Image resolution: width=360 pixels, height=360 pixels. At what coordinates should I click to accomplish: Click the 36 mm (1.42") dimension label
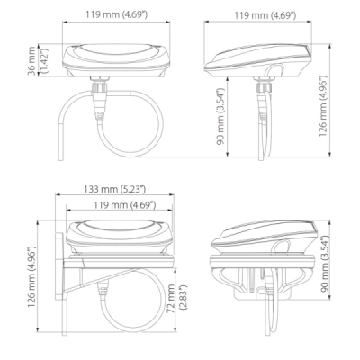38,60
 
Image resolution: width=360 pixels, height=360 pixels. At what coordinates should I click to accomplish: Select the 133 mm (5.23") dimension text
114,189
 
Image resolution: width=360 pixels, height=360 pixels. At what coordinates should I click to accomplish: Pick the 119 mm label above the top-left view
117,14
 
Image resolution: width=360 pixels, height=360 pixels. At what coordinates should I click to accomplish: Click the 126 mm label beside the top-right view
323,106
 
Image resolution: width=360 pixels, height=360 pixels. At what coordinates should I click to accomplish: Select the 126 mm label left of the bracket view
31,276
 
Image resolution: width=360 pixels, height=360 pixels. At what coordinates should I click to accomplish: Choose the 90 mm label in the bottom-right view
325,264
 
